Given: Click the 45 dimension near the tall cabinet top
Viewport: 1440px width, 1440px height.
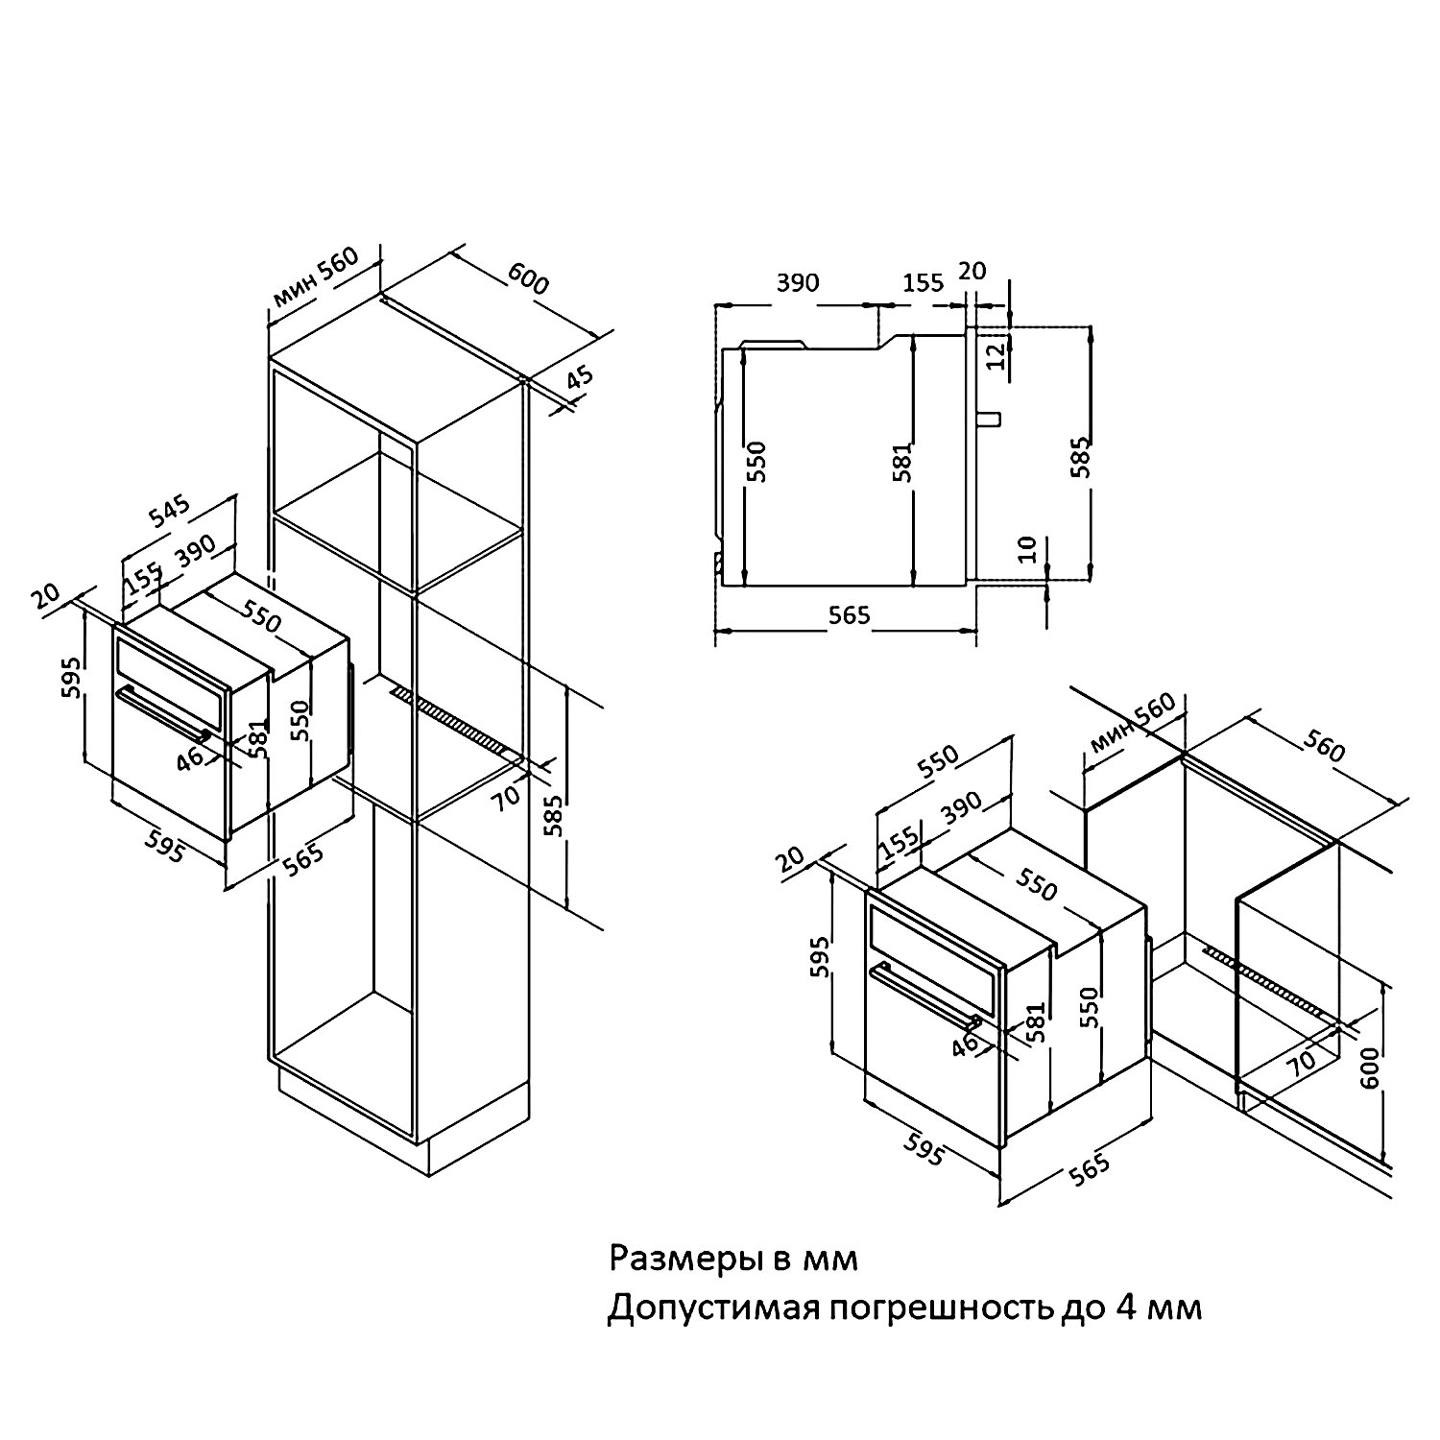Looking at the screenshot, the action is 579,377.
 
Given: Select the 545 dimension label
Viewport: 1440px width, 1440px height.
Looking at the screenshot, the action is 170,513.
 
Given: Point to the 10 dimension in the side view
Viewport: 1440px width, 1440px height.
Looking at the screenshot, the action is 1027,549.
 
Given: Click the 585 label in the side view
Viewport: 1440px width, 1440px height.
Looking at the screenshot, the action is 1081,458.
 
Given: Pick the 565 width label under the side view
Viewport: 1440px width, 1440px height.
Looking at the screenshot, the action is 849,615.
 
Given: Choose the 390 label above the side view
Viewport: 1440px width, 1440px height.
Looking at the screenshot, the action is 798,282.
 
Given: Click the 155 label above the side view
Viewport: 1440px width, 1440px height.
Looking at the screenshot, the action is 923,282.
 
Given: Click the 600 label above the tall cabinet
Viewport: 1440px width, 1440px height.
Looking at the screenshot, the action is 528,277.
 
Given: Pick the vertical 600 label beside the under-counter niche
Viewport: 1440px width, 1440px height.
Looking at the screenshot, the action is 1369,1067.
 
